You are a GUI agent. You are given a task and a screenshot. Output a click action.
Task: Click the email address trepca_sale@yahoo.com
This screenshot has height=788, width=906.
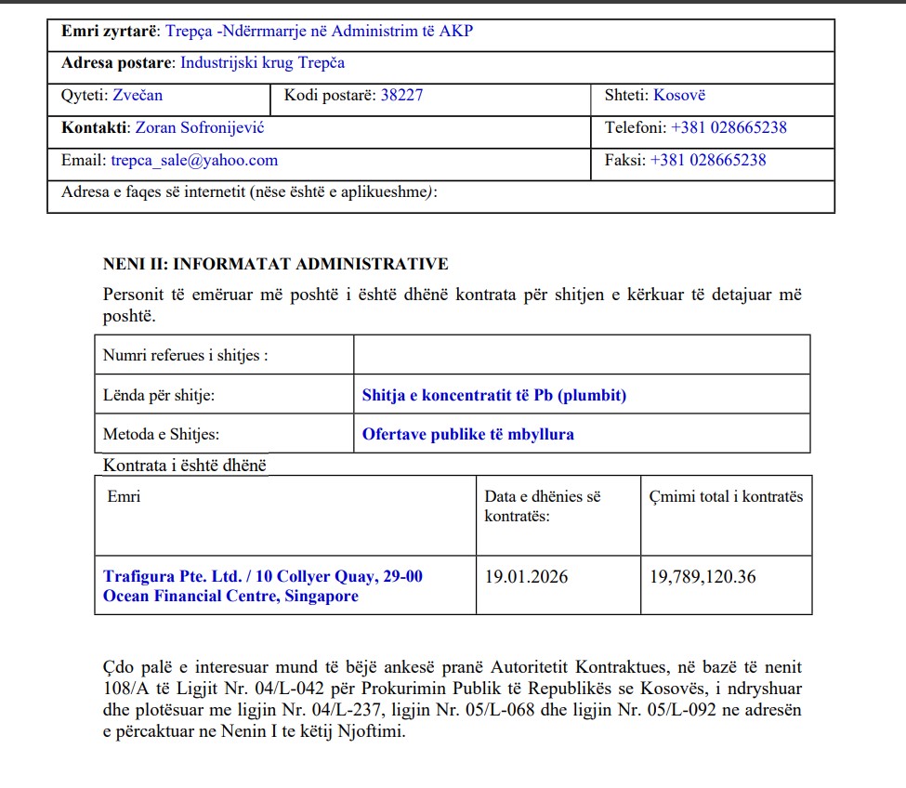[194, 160]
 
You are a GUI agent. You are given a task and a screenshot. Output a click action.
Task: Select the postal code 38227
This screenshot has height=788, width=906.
[401, 95]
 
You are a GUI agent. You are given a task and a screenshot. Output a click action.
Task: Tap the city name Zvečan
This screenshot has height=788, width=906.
[138, 95]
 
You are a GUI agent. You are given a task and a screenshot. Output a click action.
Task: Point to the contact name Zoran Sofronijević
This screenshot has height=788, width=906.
[200, 127]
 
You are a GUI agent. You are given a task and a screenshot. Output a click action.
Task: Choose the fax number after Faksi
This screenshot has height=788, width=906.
[708, 160]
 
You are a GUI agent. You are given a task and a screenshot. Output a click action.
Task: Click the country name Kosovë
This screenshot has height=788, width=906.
[679, 95]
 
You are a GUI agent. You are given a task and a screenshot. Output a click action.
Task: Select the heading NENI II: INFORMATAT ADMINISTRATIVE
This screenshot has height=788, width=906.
[275, 265]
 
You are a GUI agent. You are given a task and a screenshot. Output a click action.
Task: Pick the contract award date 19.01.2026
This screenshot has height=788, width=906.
[526, 577]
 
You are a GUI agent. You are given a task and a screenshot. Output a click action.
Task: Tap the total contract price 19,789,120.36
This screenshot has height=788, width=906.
[702, 577]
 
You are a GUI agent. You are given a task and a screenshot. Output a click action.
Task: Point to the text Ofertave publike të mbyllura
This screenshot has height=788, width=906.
[467, 434]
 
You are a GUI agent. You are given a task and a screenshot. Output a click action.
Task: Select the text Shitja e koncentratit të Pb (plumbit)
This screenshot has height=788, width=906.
[494, 395]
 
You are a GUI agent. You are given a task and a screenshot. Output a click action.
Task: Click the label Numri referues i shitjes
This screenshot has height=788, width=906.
[185, 355]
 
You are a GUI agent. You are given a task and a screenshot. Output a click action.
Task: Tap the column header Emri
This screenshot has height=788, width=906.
[124, 496]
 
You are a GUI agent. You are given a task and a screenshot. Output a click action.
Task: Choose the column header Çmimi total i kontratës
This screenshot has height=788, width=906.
[726, 496]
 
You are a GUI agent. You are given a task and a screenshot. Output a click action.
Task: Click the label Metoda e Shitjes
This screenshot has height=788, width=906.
[162, 434]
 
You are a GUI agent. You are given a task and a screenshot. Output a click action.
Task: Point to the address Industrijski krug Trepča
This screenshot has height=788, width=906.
[262, 63]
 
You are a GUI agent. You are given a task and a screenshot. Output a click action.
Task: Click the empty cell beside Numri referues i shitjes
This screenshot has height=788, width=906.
[581, 355]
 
